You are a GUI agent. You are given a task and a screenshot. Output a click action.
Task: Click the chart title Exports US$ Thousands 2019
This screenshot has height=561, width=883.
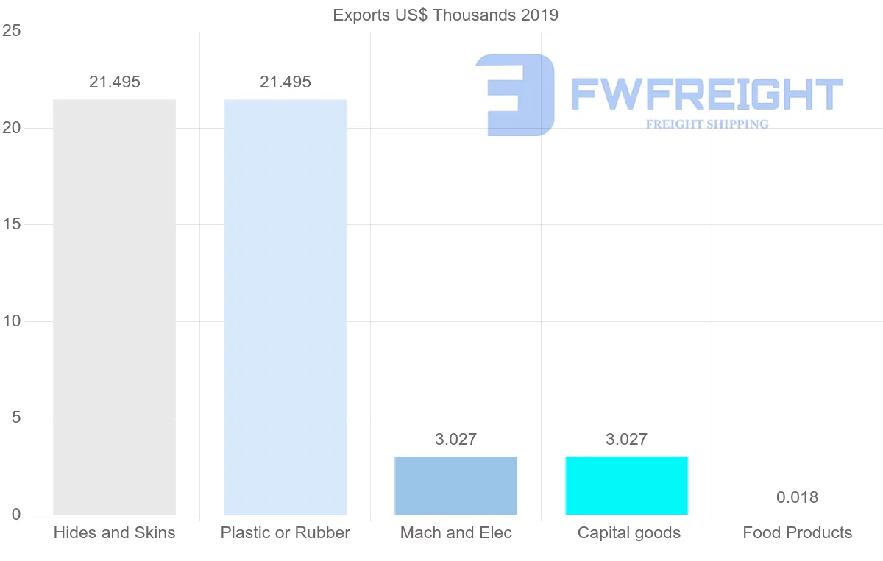pos(445,15)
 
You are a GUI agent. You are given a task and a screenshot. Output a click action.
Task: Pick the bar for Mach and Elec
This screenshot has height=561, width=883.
pos(455,485)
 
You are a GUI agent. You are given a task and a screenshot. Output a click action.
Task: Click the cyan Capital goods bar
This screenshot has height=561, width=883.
pos(626,485)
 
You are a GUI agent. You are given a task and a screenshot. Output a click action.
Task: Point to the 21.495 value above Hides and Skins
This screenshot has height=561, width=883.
pos(114,82)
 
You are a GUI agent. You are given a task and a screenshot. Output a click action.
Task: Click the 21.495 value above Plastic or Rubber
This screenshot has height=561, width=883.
pos(285,82)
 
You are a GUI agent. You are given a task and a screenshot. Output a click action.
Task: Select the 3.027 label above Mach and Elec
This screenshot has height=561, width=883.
pos(455,440)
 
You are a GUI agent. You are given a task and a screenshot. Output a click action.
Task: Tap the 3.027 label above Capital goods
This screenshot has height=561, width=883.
pos(626,440)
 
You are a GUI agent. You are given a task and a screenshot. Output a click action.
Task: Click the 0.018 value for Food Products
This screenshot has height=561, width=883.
pos(797,498)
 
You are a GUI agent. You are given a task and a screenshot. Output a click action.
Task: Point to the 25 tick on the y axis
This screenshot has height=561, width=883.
pos(11,32)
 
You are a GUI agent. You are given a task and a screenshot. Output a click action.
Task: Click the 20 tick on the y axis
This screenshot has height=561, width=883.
pos(11,128)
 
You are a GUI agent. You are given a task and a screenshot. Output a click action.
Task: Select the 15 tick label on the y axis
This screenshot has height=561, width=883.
pos(11,225)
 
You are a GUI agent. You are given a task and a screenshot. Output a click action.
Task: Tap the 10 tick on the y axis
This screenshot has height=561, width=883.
pos(11,321)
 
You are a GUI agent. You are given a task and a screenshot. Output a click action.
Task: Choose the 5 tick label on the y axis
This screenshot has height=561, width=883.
pos(15,418)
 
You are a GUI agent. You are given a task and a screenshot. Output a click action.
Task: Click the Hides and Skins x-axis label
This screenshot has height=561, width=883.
pos(114,533)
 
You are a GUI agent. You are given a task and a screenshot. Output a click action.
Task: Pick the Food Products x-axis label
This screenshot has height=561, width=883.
pos(797,533)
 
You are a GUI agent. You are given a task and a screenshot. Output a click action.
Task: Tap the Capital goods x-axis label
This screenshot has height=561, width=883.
pos(628,533)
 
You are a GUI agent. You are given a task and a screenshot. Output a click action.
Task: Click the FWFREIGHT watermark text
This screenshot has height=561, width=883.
pos(706,95)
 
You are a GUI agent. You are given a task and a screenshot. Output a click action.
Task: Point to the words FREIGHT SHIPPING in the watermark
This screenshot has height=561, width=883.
pos(707,124)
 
